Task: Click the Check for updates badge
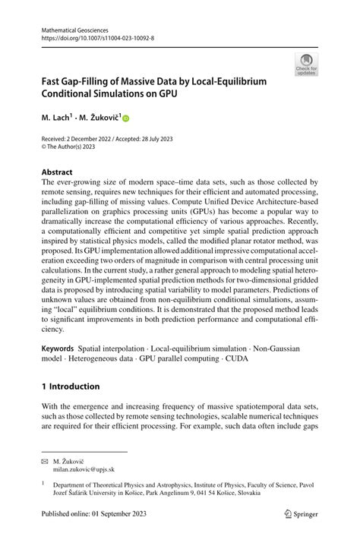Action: [x=306, y=65]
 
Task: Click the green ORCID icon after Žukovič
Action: [x=126, y=118]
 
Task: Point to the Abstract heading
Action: [x=57, y=172]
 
